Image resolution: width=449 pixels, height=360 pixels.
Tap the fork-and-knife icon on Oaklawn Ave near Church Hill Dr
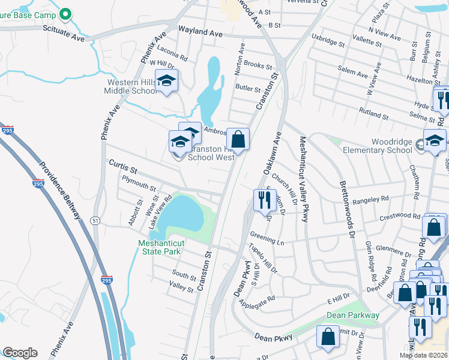click(265, 200)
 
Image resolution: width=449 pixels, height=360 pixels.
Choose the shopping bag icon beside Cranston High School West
click(238, 140)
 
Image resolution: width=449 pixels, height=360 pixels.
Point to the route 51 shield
click(95, 220)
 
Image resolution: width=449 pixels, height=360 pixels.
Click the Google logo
click(20, 353)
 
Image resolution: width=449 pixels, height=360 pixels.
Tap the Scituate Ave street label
click(64, 37)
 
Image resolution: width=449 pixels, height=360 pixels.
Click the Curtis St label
click(123, 167)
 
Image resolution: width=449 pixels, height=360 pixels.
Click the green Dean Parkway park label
click(353, 315)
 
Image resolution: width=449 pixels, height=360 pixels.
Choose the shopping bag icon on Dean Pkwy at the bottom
click(328, 338)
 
